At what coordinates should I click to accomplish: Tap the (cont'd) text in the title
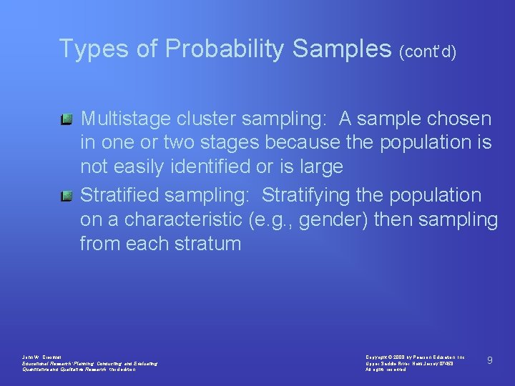(x=428, y=51)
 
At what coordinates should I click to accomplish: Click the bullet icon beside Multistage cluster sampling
(x=66, y=118)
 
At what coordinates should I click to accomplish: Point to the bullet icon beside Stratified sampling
(x=66, y=195)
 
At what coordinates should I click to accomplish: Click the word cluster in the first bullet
(x=207, y=119)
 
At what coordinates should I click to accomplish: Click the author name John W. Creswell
(x=43, y=357)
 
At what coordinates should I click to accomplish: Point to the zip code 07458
(x=444, y=363)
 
